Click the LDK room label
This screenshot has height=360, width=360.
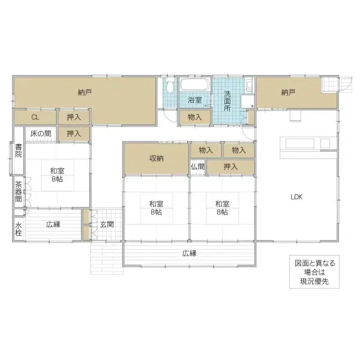click(x=296, y=196)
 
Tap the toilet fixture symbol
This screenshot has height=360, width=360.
click(x=170, y=86)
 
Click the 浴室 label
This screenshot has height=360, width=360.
click(x=194, y=100)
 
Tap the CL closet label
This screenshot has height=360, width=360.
click(x=35, y=117)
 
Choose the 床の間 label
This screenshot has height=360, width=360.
click(x=40, y=133)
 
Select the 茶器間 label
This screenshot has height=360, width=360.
click(x=19, y=191)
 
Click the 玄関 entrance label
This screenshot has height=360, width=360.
click(x=107, y=224)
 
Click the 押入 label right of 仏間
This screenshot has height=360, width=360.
click(x=230, y=167)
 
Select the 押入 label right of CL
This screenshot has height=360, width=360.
click(x=74, y=117)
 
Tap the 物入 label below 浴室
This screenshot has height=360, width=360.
click(x=194, y=117)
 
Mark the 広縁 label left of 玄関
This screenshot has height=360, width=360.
click(x=52, y=224)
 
